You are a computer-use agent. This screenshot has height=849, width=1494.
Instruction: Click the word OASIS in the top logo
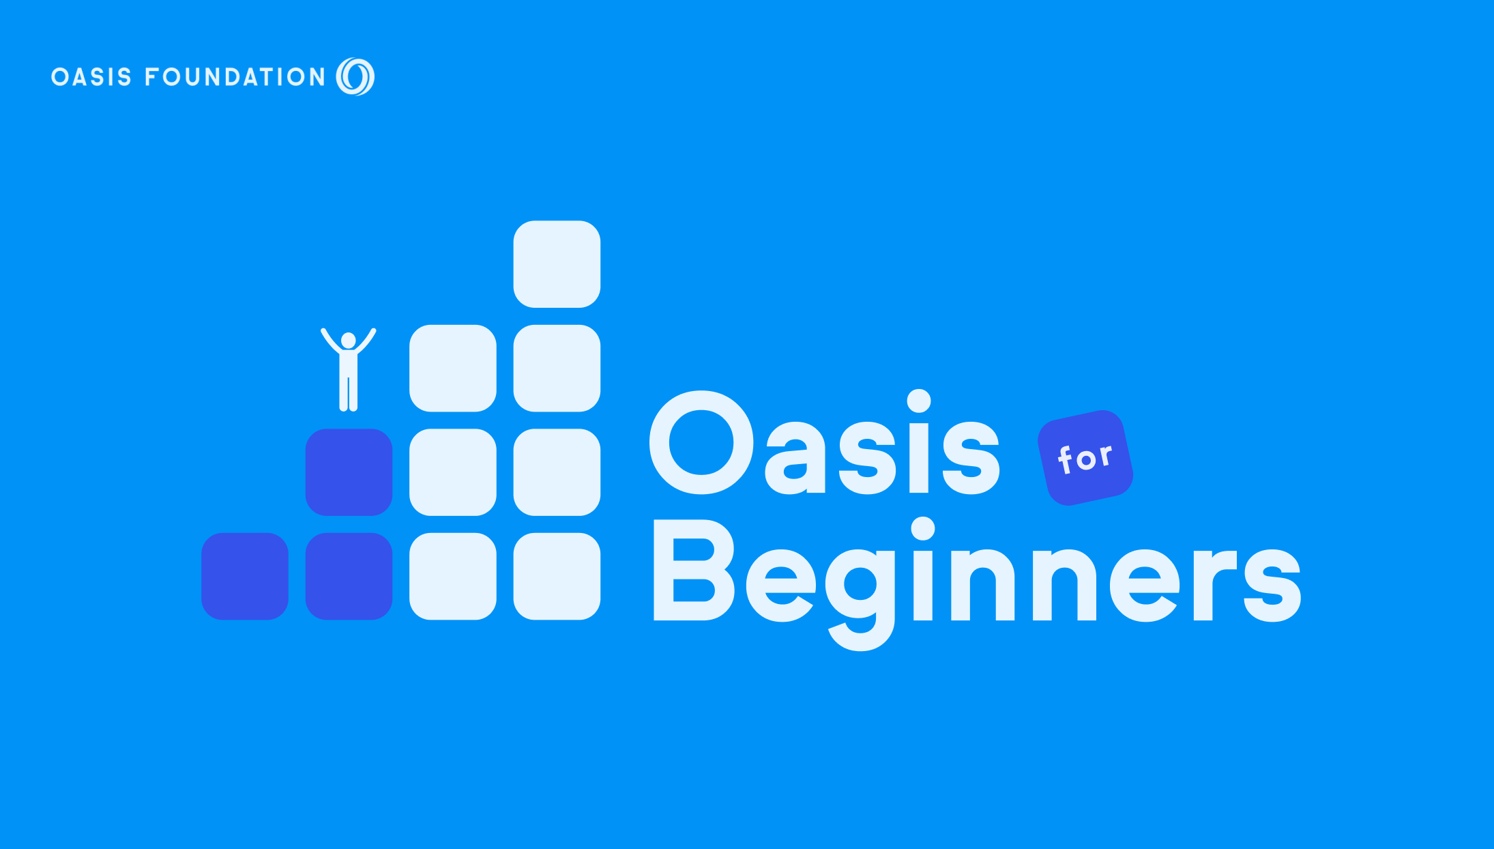(x=91, y=77)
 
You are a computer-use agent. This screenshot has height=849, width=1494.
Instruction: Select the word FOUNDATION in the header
(x=235, y=77)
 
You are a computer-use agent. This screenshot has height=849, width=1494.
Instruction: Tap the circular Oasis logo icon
(x=355, y=76)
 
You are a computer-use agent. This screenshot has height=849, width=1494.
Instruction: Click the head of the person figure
(x=349, y=340)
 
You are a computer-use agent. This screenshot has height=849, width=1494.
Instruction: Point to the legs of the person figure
(x=349, y=393)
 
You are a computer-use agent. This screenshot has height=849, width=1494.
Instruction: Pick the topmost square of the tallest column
(x=557, y=264)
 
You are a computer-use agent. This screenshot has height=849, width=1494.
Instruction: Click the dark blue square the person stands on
(x=349, y=472)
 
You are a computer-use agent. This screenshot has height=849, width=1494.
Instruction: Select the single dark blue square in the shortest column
(x=245, y=576)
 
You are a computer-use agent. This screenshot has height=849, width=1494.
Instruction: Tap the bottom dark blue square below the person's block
(x=349, y=576)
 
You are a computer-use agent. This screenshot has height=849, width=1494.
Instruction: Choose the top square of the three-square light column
(x=453, y=369)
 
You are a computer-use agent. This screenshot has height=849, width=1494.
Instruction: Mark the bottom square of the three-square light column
(x=453, y=576)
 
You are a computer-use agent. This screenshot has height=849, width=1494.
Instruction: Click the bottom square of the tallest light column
(x=557, y=576)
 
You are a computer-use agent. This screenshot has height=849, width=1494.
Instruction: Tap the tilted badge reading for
(x=1085, y=458)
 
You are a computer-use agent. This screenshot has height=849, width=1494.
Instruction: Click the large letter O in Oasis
(x=702, y=442)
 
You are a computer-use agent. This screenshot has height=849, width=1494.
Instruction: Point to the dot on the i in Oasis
(x=919, y=401)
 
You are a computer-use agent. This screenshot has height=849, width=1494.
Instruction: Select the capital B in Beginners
(x=693, y=570)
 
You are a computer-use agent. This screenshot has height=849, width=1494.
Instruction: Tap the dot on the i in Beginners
(x=923, y=529)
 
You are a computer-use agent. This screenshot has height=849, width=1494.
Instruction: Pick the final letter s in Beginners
(x=1273, y=585)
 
